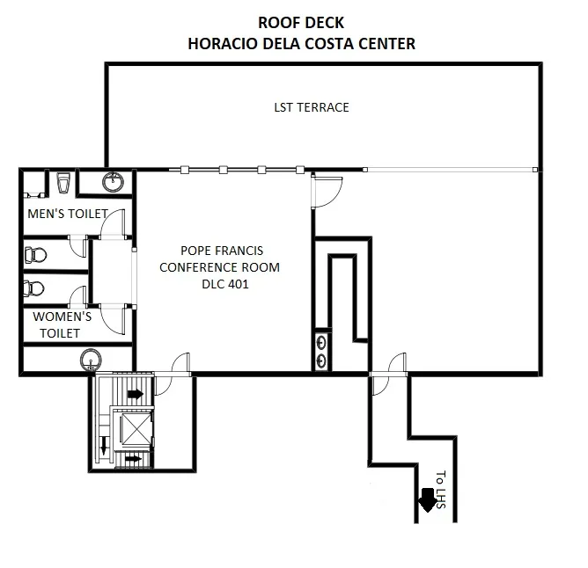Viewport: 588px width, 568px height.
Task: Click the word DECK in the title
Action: pos(322,23)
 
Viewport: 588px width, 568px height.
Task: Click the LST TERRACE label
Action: pos(312,107)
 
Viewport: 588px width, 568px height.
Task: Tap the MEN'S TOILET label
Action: pos(68,214)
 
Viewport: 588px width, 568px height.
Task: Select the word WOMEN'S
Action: pos(62,317)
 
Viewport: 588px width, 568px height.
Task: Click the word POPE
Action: pos(195,251)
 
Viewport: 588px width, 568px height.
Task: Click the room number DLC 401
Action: pos(225,284)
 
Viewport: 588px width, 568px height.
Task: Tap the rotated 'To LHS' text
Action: pos(441,490)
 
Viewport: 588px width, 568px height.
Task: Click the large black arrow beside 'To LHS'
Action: pos(428,500)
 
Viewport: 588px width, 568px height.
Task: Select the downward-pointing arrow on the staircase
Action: pos(105,445)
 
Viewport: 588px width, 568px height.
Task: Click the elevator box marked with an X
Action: pos(136,428)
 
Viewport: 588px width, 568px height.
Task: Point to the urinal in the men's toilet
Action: pos(63,183)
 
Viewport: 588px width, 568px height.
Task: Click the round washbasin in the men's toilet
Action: pos(113,182)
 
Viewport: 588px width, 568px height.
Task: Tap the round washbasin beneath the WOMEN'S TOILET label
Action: pos(91,360)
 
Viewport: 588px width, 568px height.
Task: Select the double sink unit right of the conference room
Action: pos(321,352)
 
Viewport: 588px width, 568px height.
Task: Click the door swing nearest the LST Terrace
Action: pos(327,192)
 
